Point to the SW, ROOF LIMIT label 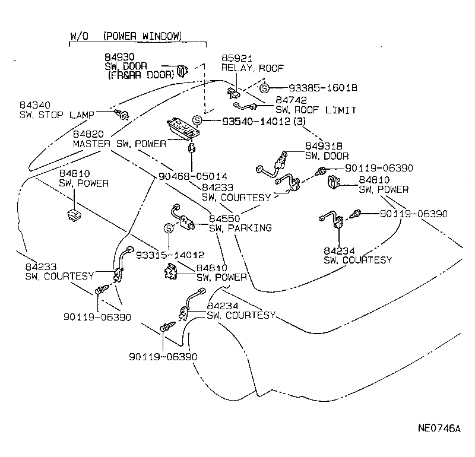pyautogui.click(x=316, y=110)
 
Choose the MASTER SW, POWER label pyautogui.click(x=119, y=144)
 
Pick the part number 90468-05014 pyautogui.click(x=193, y=176)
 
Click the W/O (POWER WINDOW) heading pyautogui.click(x=126, y=36)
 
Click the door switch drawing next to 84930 pyautogui.click(x=182, y=72)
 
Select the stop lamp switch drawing pyautogui.click(x=123, y=113)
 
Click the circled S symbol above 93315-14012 pyautogui.click(x=169, y=228)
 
